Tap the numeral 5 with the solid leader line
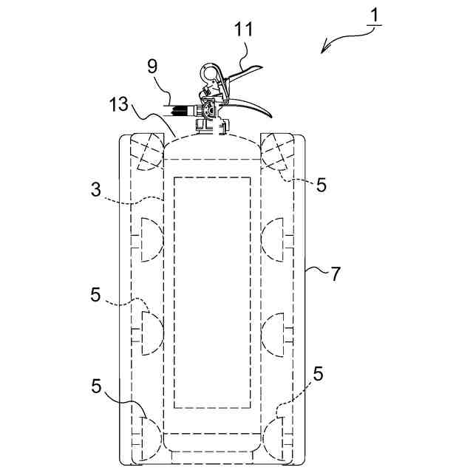97,387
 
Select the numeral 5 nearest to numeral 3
95,293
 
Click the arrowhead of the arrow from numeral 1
322,51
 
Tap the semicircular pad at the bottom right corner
275,437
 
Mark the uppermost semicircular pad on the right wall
275,239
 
